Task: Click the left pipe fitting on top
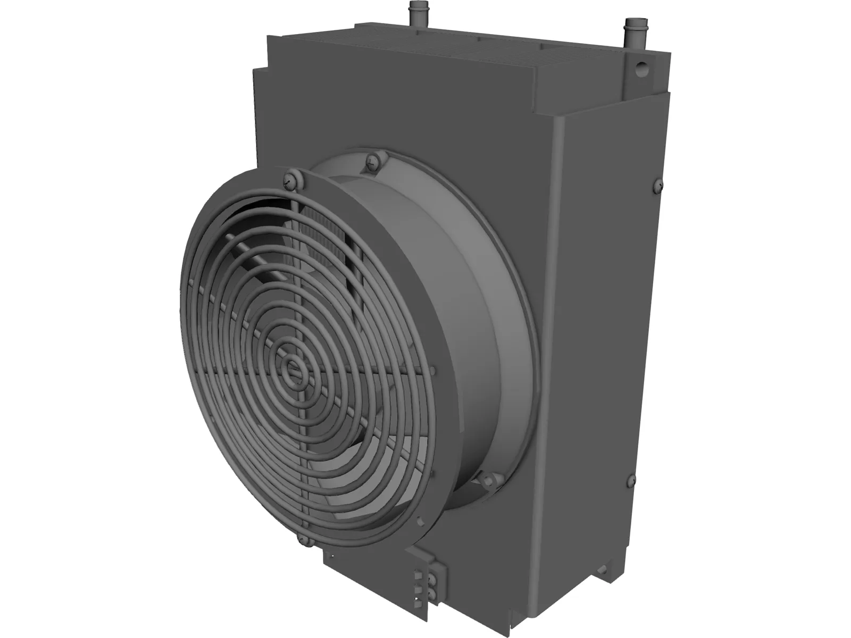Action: pyautogui.click(x=414, y=11)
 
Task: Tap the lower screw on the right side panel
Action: pyautogui.click(x=632, y=479)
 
